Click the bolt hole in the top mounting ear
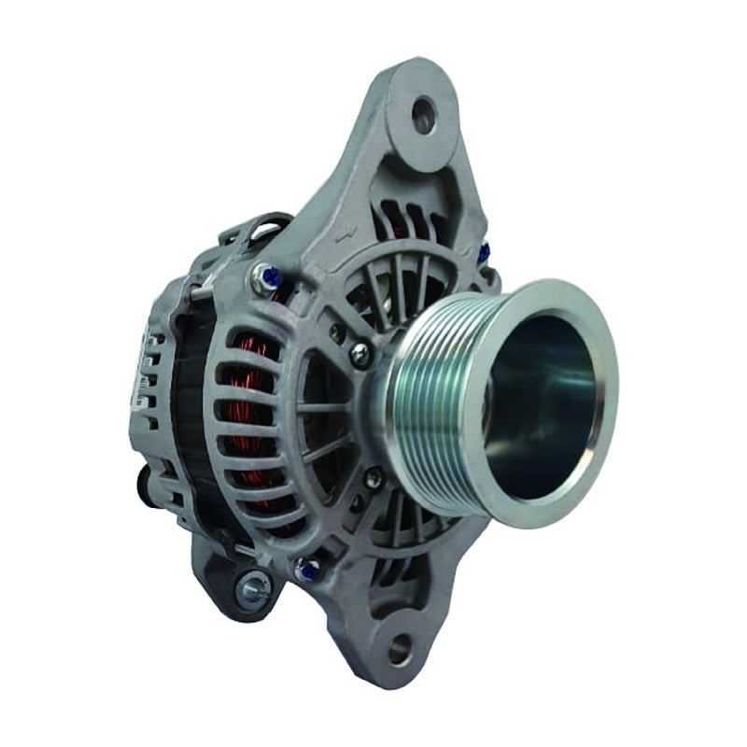click(425, 112)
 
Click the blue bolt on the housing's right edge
click(483, 250)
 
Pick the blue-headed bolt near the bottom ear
click(305, 568)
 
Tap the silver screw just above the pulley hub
click(359, 353)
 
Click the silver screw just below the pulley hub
click(373, 478)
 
